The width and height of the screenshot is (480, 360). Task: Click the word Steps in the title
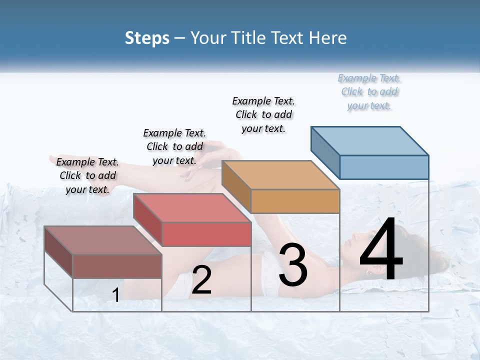click(147, 38)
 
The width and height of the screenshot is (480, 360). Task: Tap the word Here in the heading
click(328, 38)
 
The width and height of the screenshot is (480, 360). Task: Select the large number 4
click(381, 250)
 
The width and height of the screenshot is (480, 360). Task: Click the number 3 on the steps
click(293, 265)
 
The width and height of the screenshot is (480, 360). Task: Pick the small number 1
click(115, 295)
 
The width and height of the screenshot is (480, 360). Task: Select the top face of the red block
click(192, 207)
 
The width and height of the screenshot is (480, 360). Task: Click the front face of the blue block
click(384, 167)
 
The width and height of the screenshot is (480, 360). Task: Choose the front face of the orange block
click(295, 201)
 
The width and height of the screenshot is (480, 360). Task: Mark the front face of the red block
click(206, 234)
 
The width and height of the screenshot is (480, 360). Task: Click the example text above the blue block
click(369, 92)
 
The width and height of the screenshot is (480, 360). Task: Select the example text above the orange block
click(263, 114)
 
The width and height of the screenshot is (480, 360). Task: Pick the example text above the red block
click(174, 146)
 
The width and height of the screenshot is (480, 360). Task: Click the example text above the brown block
click(87, 175)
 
